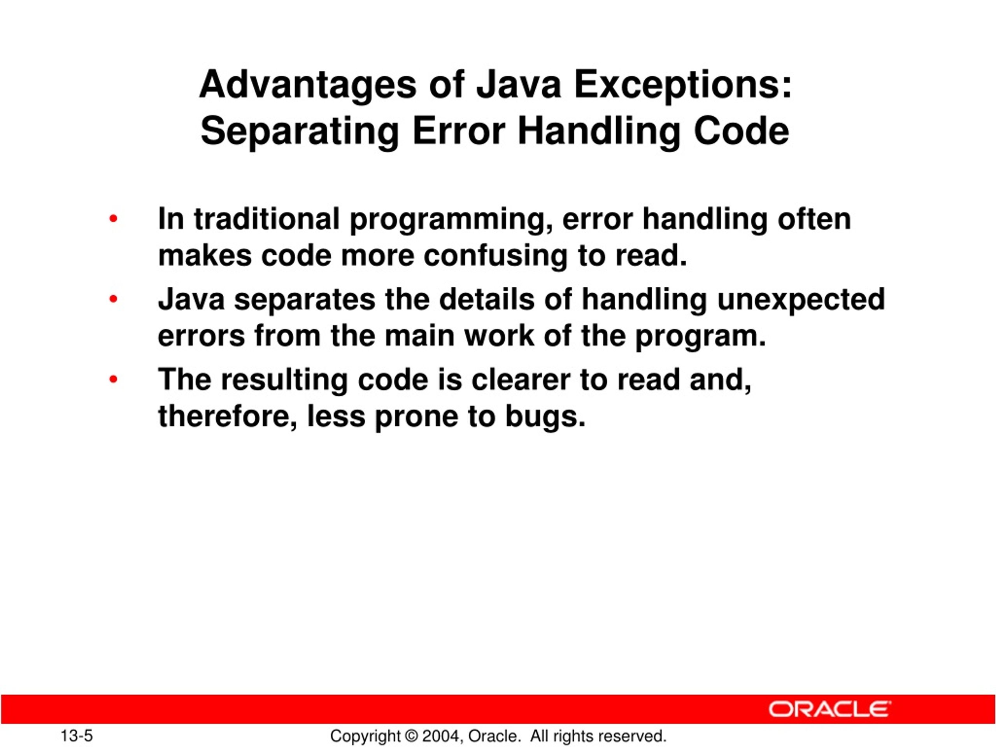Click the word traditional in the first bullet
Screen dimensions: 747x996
tap(267, 219)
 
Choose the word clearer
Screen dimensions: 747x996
tap(521, 380)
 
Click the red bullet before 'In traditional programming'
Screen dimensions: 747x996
tap(113, 219)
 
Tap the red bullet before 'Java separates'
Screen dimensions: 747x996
tap(113, 300)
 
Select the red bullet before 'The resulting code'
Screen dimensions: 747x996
tap(113, 380)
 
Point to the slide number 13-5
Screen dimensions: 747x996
tap(77, 736)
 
